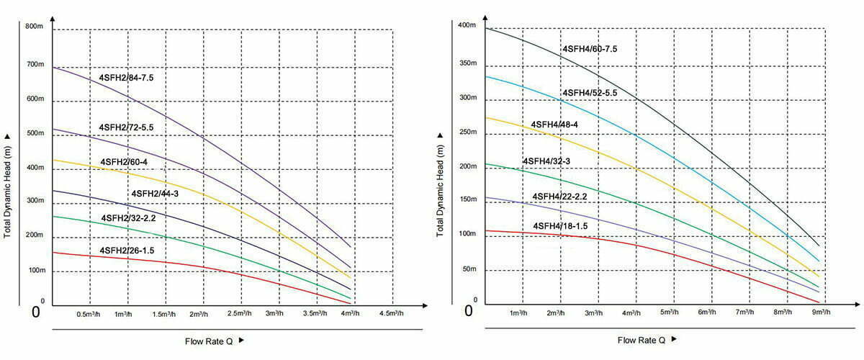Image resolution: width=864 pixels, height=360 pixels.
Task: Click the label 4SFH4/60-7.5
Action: coord(589,49)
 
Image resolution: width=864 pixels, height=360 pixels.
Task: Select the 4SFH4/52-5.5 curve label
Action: coord(589,92)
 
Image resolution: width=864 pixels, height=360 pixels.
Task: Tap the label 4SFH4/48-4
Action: coord(554,125)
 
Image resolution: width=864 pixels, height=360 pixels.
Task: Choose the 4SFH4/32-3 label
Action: coord(546,161)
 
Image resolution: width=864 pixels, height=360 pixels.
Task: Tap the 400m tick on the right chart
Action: coord(467,26)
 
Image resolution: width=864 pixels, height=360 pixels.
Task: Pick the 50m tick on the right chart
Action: coord(469,269)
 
